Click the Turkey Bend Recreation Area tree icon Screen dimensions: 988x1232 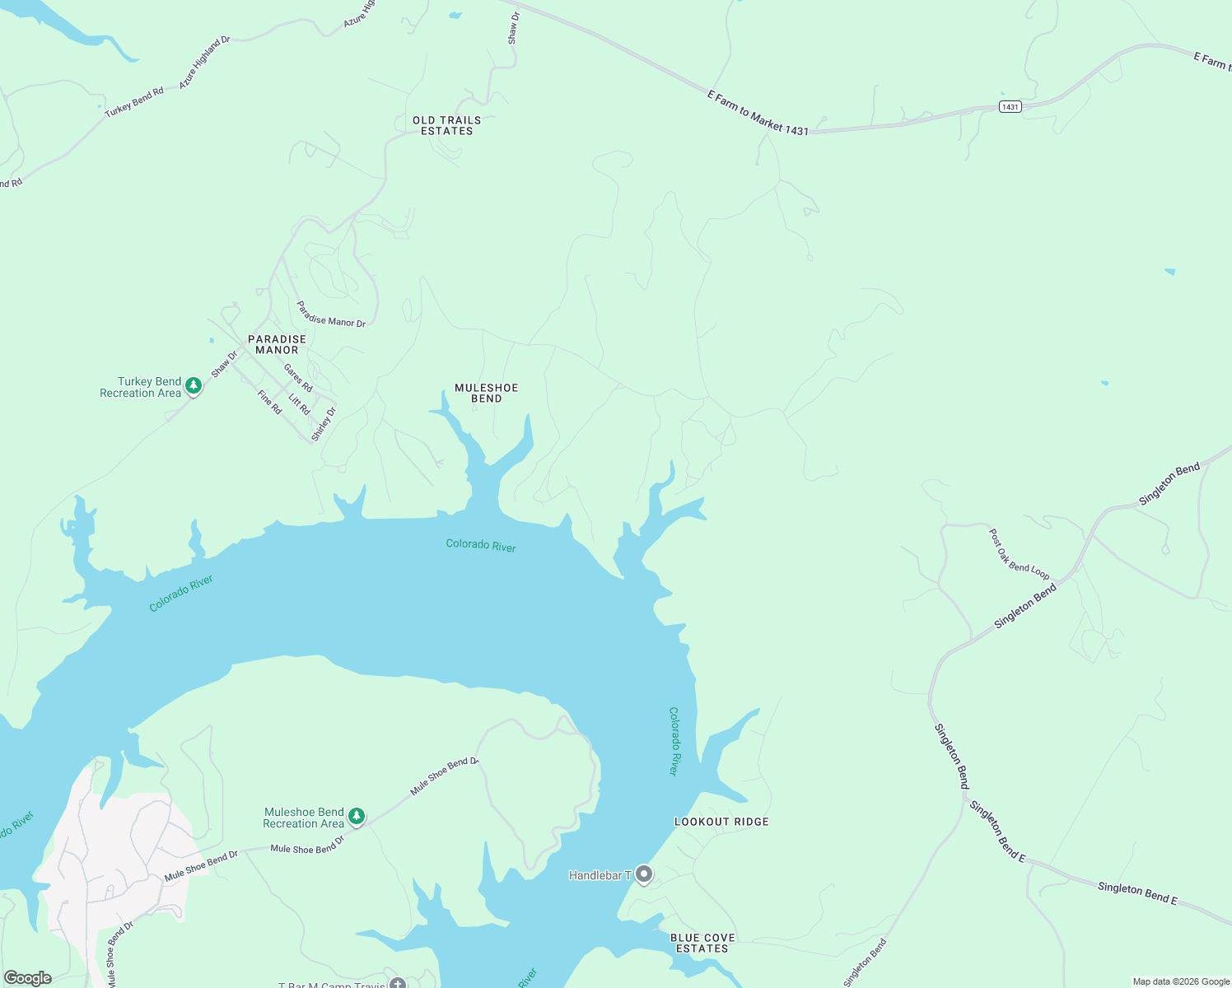(194, 385)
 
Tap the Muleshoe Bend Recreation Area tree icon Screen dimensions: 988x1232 (357, 816)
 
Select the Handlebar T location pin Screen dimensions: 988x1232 (644, 874)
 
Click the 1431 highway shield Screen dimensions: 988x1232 (1010, 107)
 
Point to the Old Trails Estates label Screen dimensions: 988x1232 (446, 126)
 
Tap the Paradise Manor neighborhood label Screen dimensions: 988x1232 (277, 344)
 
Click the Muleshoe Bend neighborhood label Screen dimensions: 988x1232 (487, 393)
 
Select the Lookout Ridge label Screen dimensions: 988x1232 (721, 822)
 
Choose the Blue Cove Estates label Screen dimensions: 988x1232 (702, 943)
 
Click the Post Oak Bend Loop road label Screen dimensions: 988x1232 (1019, 555)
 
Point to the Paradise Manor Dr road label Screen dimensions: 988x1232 (331, 315)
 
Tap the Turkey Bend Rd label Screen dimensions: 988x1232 (134, 102)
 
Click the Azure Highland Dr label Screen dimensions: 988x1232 (204, 63)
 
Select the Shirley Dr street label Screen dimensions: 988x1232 (324, 423)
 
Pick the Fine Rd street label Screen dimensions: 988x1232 (269, 402)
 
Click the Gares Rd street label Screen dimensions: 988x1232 (298, 378)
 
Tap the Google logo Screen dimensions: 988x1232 (27, 978)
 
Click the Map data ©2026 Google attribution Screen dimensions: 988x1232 (1181, 981)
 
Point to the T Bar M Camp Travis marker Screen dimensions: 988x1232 (398, 983)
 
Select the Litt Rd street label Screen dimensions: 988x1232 (299, 404)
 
